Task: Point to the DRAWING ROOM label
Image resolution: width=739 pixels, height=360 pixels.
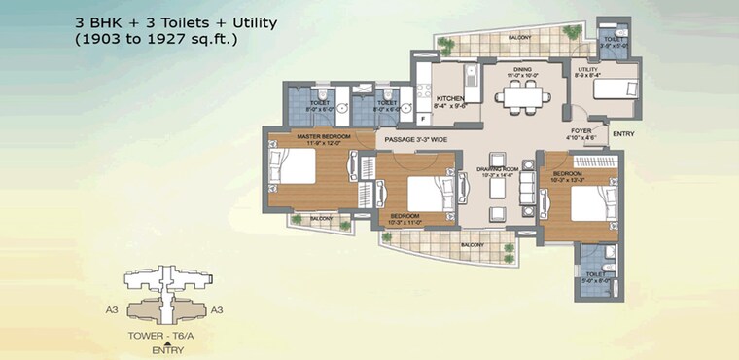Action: [495, 172]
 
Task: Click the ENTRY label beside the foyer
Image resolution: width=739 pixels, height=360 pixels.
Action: [624, 133]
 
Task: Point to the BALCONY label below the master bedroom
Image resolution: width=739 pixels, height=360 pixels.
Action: [321, 219]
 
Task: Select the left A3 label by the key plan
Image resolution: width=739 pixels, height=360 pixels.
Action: [111, 309]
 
